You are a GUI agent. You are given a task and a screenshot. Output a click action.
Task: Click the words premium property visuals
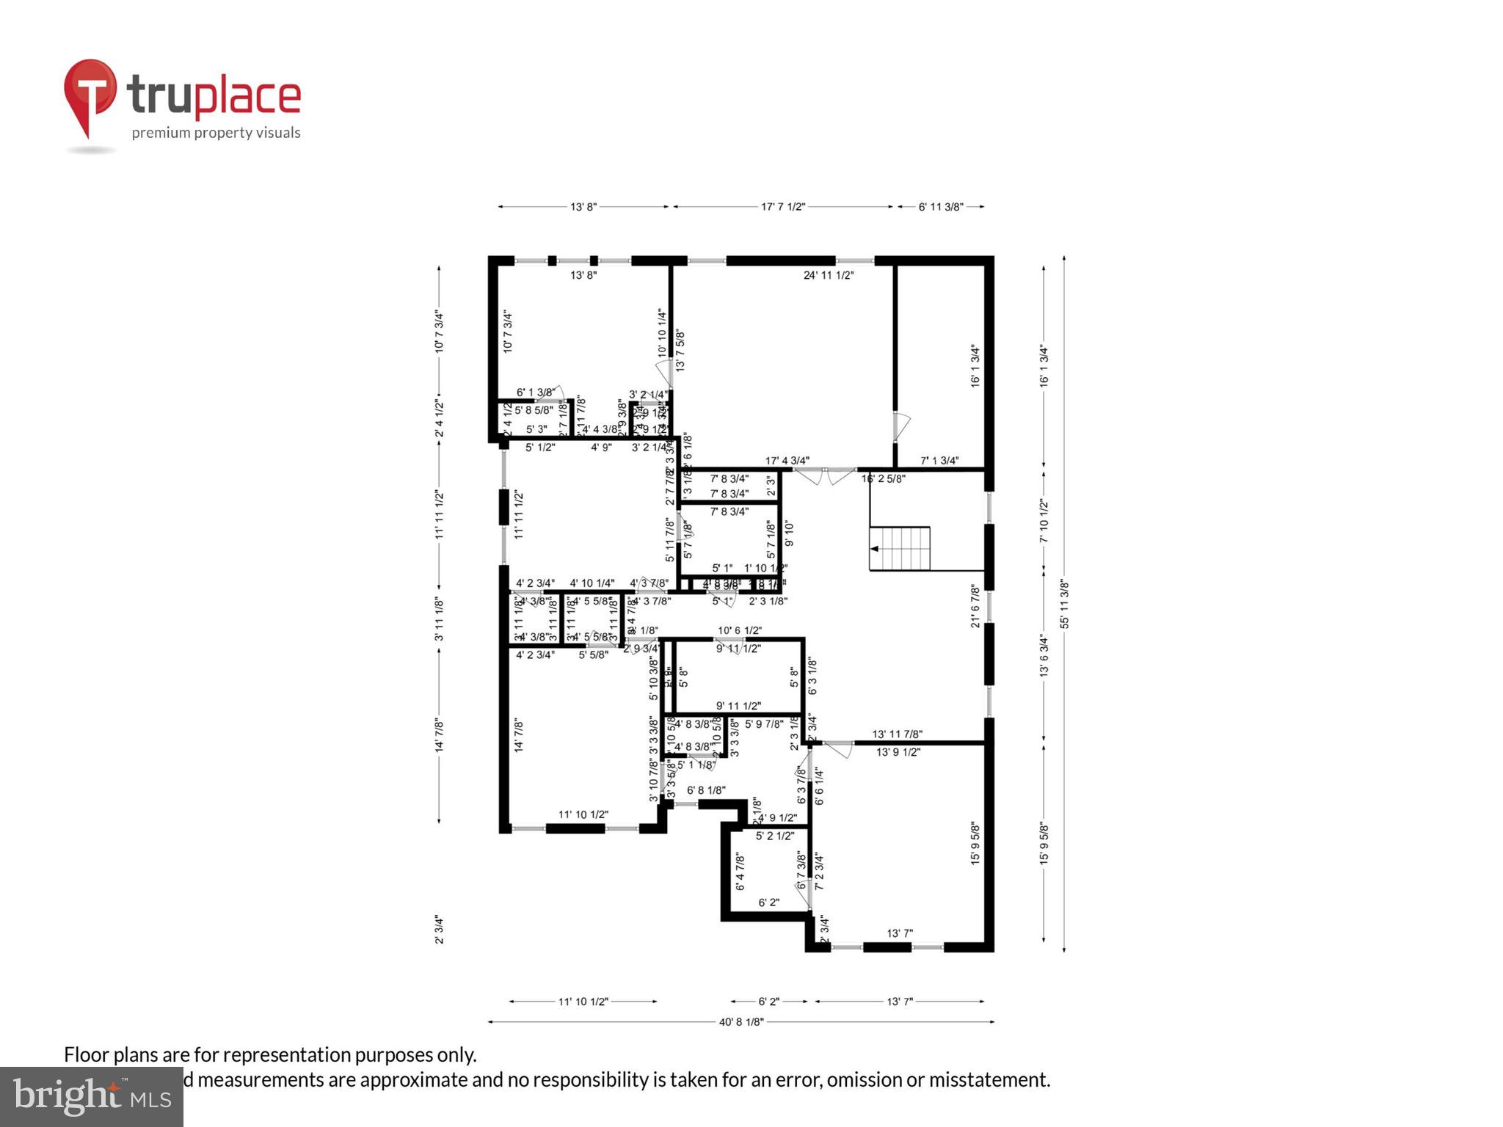coord(216,133)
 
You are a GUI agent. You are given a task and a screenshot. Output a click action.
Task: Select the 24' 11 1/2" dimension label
coord(829,275)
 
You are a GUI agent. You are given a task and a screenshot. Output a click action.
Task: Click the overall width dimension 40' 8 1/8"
coord(741,1021)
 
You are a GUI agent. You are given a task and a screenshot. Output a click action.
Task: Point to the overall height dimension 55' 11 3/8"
coord(1064,604)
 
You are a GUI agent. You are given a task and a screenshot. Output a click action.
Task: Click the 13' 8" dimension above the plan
coord(583,207)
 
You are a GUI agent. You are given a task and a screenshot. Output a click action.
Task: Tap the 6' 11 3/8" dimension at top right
coord(941,207)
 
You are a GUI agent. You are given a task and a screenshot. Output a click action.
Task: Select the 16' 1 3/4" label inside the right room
coord(975,365)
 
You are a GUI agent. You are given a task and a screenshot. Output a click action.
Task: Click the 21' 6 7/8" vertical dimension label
coord(975,605)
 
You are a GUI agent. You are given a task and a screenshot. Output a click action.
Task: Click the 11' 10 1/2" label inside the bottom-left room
coord(583,814)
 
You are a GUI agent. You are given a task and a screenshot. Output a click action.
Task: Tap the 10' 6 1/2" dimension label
coord(740,630)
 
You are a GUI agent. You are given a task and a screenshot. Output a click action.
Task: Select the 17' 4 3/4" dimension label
coord(787,461)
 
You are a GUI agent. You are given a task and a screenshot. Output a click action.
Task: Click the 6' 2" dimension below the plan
coord(768,1002)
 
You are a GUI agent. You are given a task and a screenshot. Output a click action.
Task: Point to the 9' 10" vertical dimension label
coord(790,533)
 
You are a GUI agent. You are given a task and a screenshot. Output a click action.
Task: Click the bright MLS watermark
coord(92,1097)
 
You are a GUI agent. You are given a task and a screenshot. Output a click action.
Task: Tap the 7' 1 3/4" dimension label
coord(939,461)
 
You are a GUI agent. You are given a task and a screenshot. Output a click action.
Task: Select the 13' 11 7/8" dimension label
coord(897,734)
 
